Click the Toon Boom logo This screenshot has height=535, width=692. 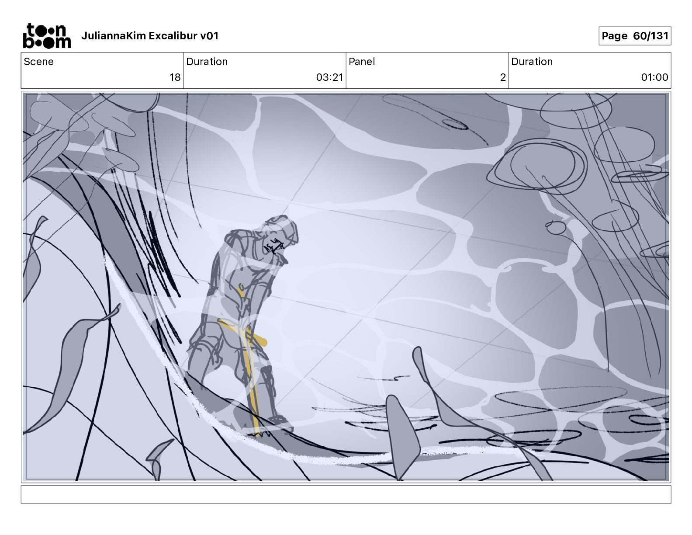click(x=47, y=36)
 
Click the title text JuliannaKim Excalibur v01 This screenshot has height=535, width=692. click(x=150, y=36)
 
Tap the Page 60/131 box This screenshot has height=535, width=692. click(x=635, y=36)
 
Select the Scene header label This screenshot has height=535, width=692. click(x=38, y=62)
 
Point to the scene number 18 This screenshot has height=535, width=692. click(x=175, y=77)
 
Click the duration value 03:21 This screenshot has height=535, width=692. click(x=329, y=77)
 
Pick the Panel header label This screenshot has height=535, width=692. click(x=361, y=62)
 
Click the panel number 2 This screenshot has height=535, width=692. click(x=503, y=77)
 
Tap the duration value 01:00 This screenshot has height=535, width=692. click(x=654, y=77)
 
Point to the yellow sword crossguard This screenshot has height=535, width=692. click(x=242, y=331)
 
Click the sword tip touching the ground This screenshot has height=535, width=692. click(x=257, y=434)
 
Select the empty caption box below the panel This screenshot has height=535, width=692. click(x=346, y=494)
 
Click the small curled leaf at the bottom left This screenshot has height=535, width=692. click(x=158, y=459)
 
